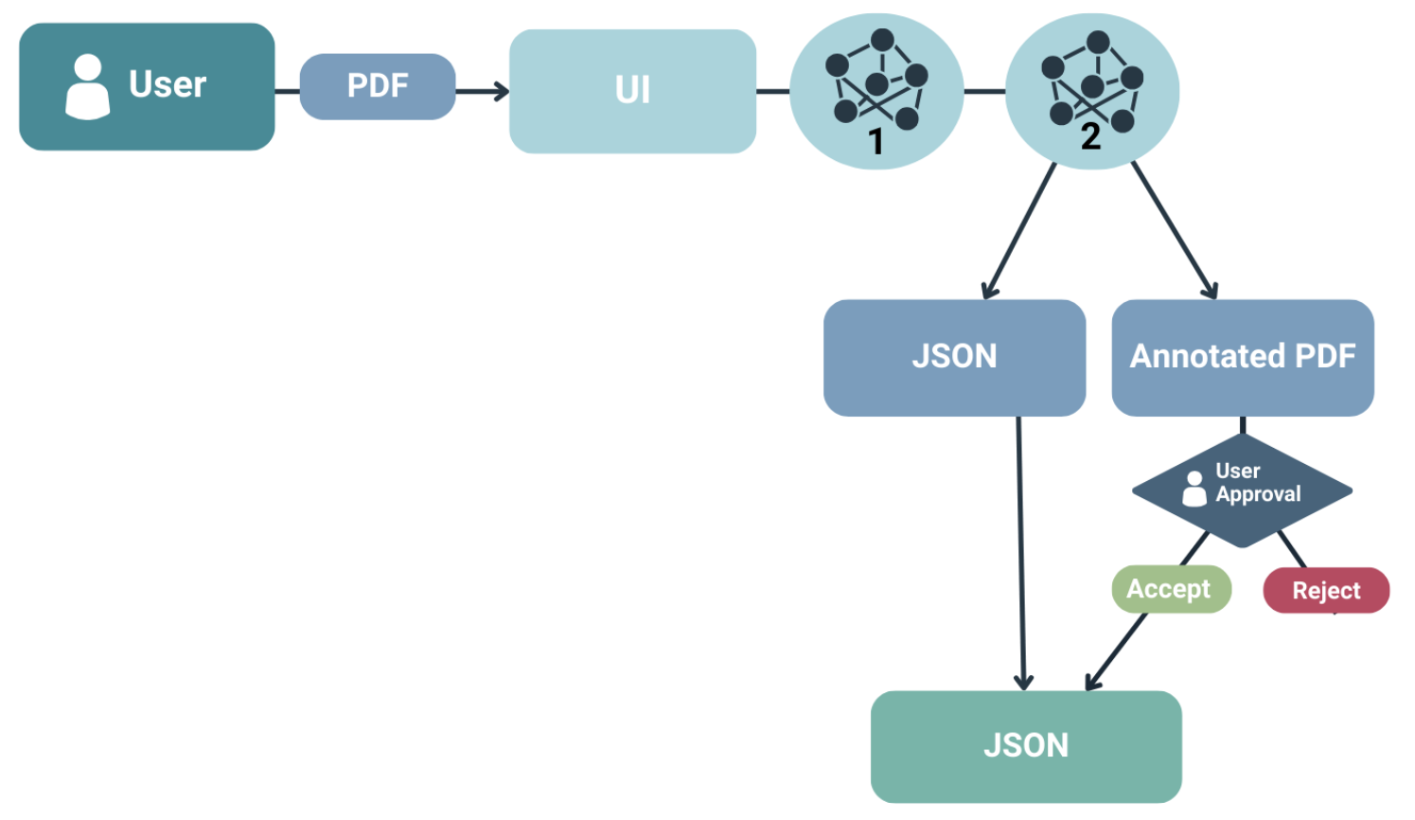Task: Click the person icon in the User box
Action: coord(87,87)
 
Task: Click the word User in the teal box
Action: coord(168,85)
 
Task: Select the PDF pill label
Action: coord(378,86)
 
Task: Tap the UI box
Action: coord(632,91)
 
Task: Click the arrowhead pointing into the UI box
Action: coord(501,91)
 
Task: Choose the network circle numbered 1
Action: coord(876,91)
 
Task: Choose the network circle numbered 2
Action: coord(1091,91)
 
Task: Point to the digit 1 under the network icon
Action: coord(876,142)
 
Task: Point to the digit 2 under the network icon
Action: coord(1090,137)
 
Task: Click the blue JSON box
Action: coord(954,357)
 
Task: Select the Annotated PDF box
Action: coord(1242,357)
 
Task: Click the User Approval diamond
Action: coord(1242,490)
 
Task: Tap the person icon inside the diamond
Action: coord(1194,489)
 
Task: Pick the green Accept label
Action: coord(1171,589)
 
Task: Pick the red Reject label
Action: coord(1325,591)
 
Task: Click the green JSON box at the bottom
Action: coord(1026,746)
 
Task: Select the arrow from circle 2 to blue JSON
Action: coord(1020,230)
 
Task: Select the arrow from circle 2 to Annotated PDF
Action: coord(1174,230)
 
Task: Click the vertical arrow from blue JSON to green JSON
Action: coord(1020,549)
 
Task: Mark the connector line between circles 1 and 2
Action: coord(984,91)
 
